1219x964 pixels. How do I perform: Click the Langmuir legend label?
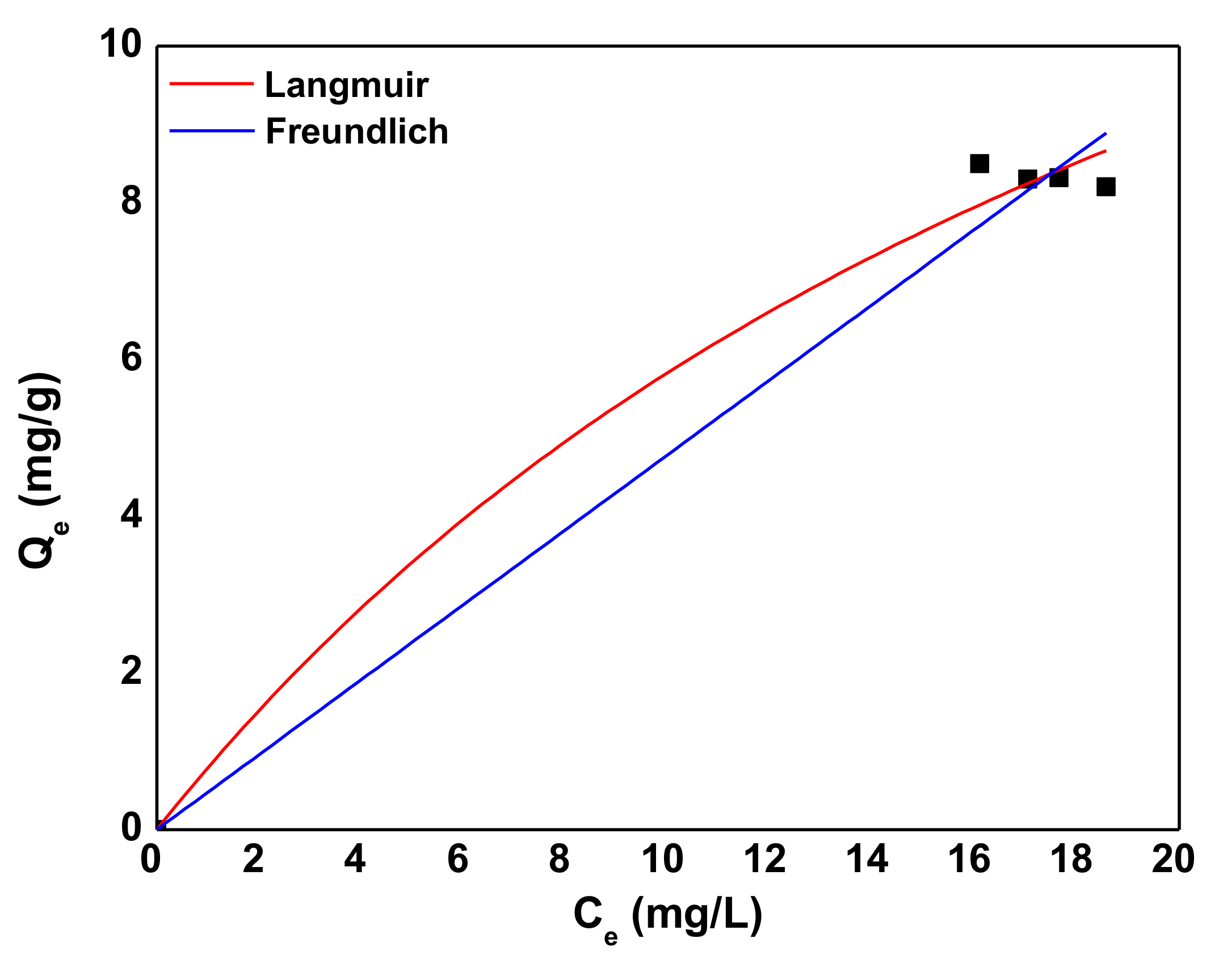346,86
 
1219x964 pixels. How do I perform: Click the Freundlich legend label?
357,132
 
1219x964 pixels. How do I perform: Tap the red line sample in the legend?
212,84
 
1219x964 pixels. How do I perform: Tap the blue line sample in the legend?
212,131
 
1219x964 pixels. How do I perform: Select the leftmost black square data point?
980,164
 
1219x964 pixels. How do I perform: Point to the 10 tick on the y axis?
120,44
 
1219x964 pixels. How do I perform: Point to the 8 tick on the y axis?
131,201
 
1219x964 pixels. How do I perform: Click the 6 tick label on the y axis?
131,358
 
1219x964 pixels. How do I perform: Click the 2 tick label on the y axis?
131,671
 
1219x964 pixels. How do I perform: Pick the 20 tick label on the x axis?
1173,859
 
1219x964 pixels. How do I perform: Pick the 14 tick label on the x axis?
867,859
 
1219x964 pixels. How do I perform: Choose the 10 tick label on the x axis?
662,859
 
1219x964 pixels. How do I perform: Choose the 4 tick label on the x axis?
355,859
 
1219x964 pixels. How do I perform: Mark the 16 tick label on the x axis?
969,859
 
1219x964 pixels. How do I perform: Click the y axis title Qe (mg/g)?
41,471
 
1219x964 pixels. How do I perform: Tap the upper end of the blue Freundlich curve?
1105,134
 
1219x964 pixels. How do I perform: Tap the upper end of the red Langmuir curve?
1105,151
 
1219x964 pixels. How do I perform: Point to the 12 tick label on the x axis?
764,859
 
